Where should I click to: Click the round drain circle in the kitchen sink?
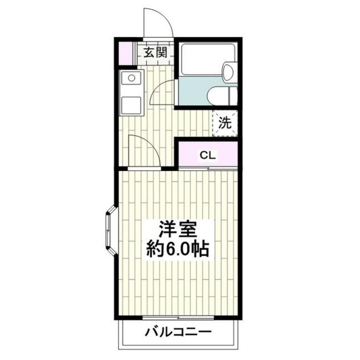click(x=132, y=78)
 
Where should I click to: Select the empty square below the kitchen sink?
click(x=132, y=104)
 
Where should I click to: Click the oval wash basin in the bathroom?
click(x=228, y=71)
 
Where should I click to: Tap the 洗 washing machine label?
click(x=225, y=123)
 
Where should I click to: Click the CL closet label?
click(x=208, y=155)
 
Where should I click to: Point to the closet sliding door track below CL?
click(x=208, y=168)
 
